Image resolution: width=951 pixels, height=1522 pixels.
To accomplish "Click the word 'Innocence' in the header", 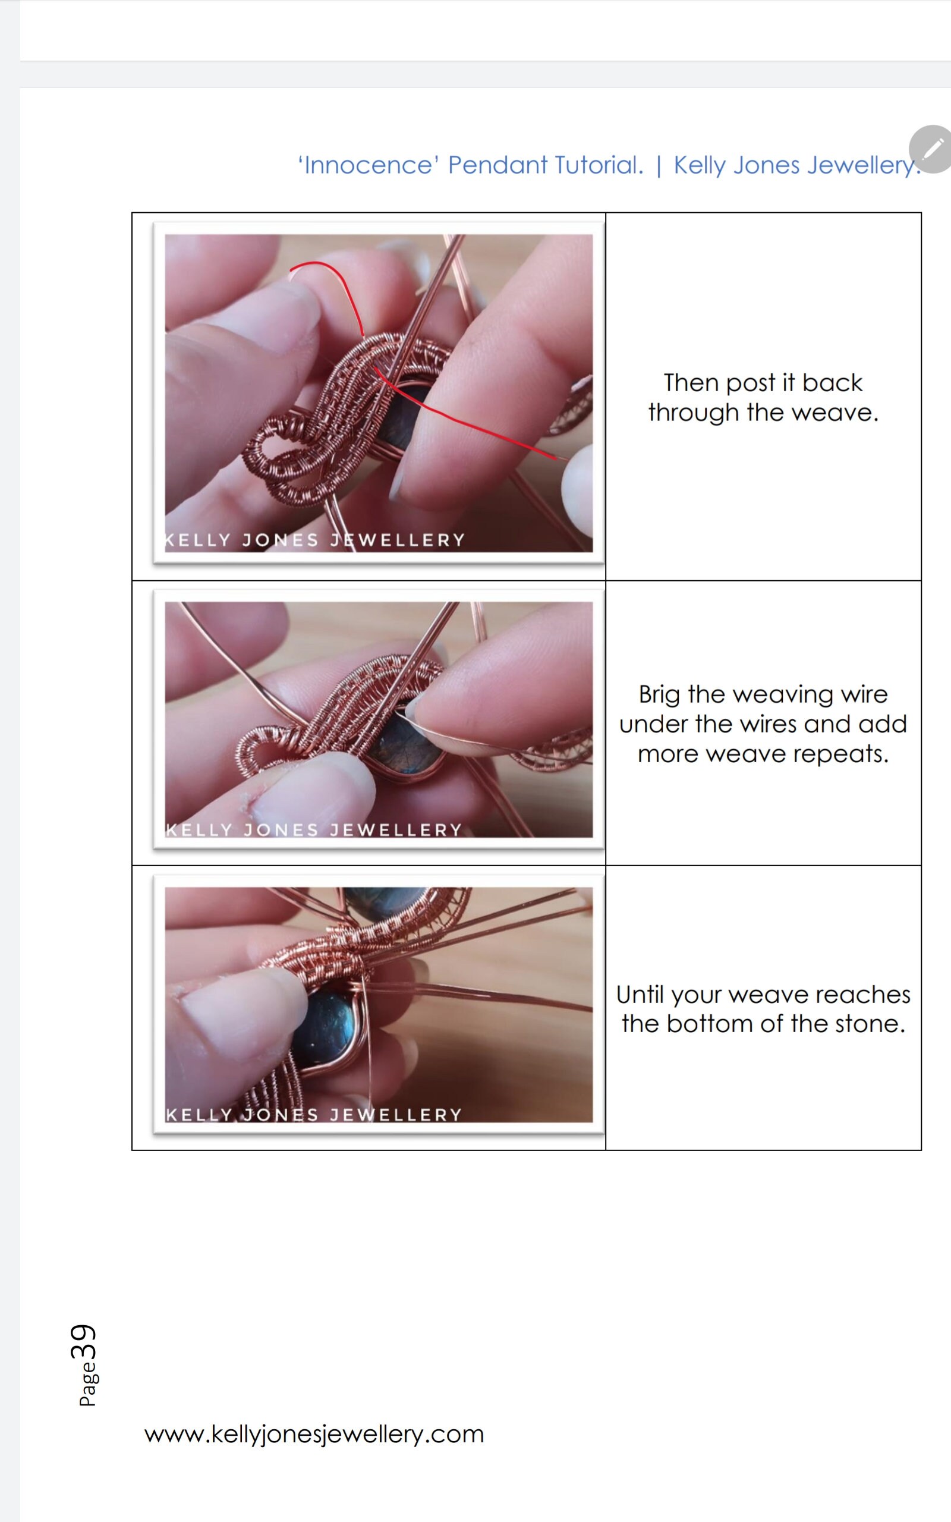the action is (369, 165).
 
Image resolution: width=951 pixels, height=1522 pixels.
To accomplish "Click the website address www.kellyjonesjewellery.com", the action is (314, 1434).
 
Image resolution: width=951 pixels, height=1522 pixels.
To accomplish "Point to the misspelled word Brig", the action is (659, 695).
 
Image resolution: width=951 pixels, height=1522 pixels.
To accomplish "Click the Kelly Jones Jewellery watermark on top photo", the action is (314, 540).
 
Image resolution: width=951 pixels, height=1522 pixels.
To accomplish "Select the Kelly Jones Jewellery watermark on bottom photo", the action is (314, 1115).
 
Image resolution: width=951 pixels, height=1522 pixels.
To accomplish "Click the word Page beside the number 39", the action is (87, 1384).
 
